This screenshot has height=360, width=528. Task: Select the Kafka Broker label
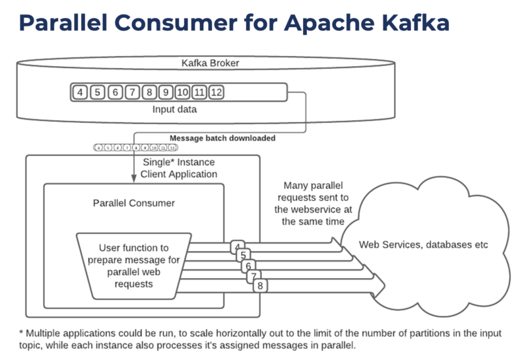(210, 64)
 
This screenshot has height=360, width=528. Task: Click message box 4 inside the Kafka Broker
(81, 92)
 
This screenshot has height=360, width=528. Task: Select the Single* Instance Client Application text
(179, 168)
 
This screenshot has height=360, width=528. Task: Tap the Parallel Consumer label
(133, 203)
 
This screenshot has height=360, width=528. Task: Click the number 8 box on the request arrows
(261, 285)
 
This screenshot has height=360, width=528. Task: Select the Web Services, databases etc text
(423, 244)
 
